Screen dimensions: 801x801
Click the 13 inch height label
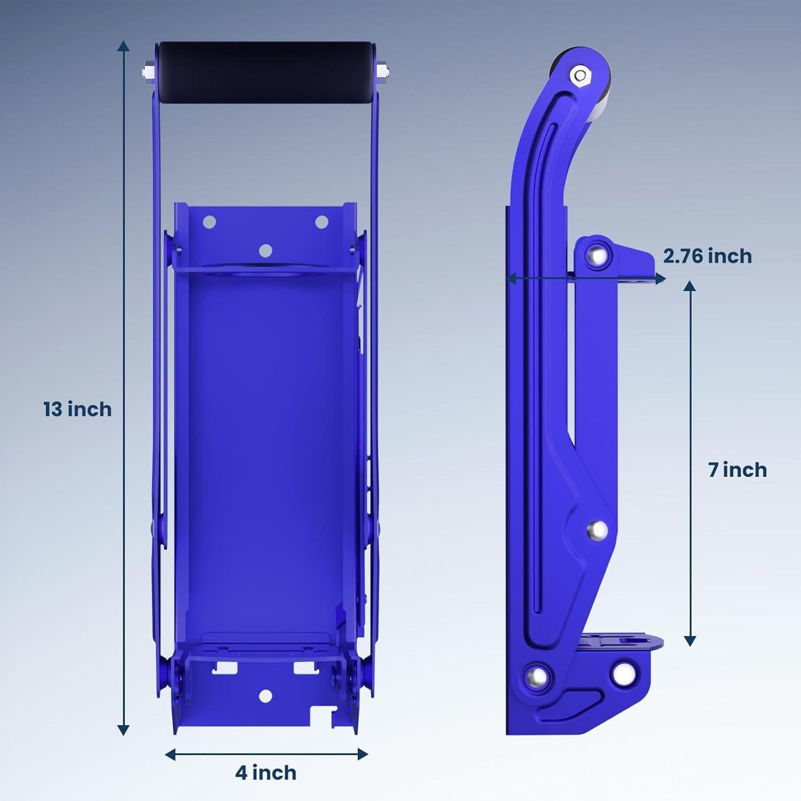[x=77, y=410]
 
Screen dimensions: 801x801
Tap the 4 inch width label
[x=266, y=773]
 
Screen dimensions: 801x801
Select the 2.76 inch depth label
[x=708, y=256]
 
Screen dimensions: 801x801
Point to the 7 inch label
[x=737, y=470]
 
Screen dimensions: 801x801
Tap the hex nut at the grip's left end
[x=146, y=70]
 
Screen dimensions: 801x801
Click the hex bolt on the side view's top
[x=579, y=75]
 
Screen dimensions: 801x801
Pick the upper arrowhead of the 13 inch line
[x=123, y=45]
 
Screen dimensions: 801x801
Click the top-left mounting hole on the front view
[x=209, y=222]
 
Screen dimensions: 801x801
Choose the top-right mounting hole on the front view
[x=321, y=222]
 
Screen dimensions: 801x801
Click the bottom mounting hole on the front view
[x=265, y=695]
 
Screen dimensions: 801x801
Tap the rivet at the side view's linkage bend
[x=596, y=530]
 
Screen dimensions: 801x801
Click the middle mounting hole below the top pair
[x=265, y=250]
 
